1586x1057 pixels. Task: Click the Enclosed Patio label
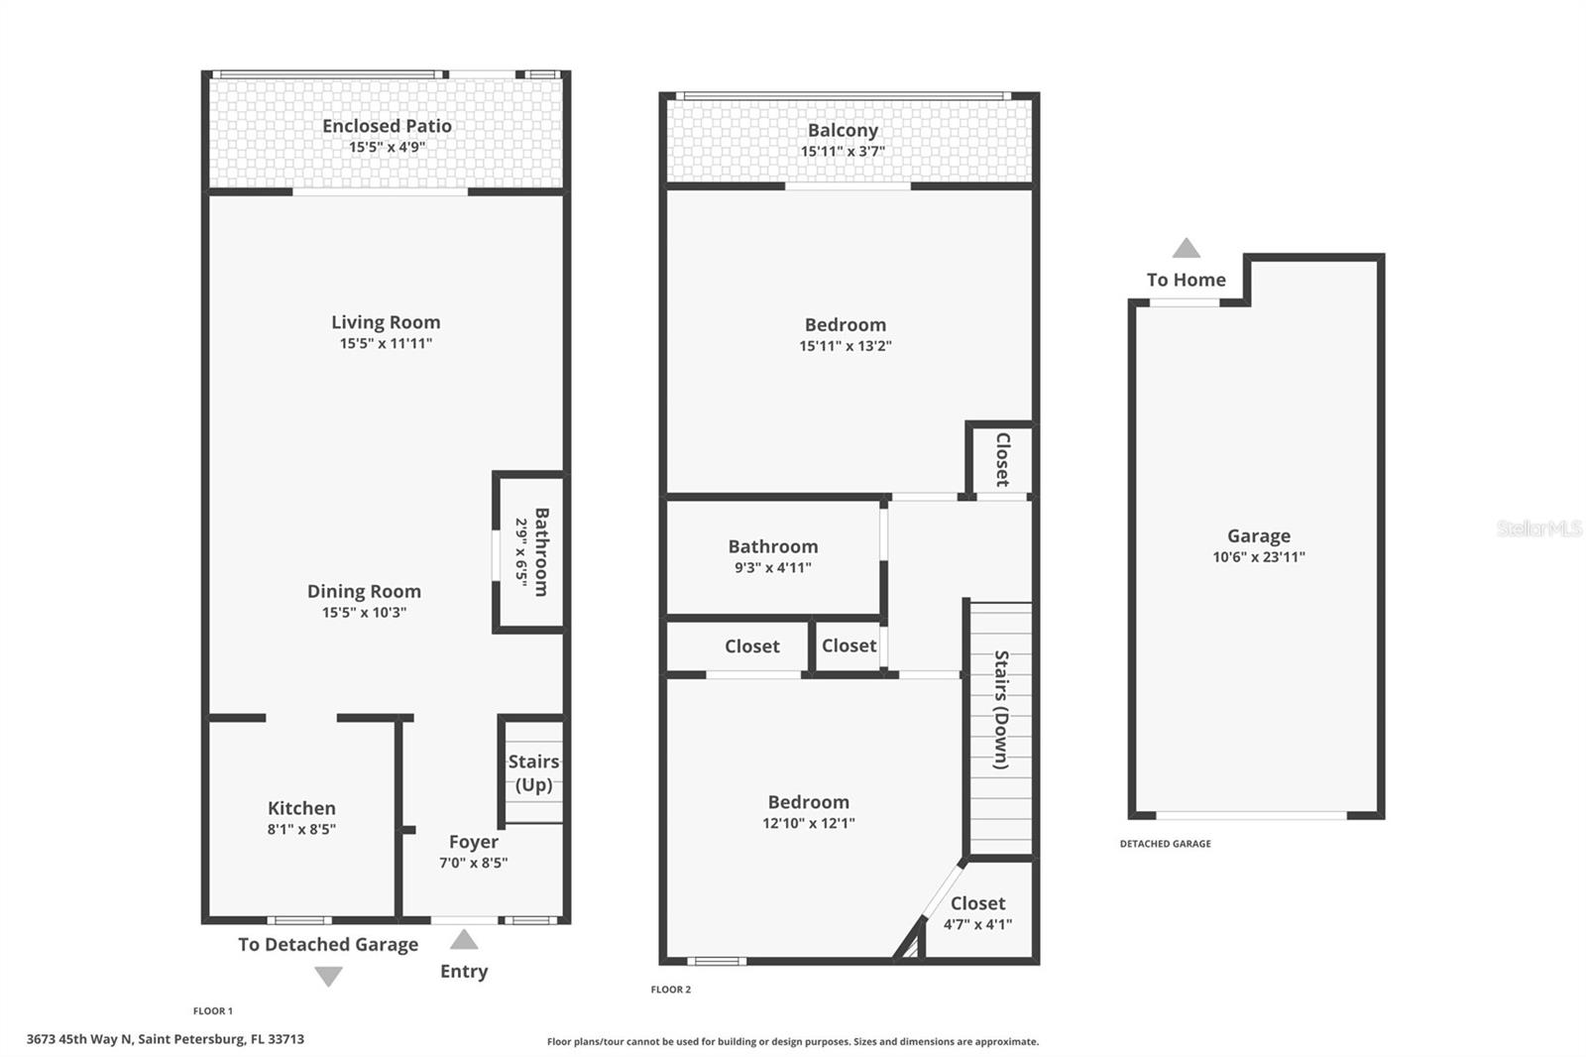[387, 126]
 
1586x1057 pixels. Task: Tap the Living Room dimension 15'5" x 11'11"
[386, 344]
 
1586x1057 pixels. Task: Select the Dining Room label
[364, 591]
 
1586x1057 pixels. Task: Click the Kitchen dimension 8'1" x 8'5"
[301, 830]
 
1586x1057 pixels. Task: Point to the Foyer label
[474, 842]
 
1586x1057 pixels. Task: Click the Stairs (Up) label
[533, 773]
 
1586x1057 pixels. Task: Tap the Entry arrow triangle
[464, 939]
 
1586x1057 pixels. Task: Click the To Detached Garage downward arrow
[328, 977]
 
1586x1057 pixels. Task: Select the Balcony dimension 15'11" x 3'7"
[843, 152]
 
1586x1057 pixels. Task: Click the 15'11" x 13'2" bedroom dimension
[846, 346]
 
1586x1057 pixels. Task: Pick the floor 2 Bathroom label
[773, 546]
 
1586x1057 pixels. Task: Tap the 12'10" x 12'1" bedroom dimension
[809, 823]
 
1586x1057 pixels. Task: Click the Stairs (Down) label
[1001, 710]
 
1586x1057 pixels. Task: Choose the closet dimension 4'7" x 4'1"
[977, 925]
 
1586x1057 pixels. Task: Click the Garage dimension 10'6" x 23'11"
[1259, 557]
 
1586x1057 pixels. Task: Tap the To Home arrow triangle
[1187, 248]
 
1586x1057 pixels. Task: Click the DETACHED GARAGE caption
[1165, 844]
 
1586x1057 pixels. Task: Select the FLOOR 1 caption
[213, 1011]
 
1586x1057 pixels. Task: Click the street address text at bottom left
[166, 1039]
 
